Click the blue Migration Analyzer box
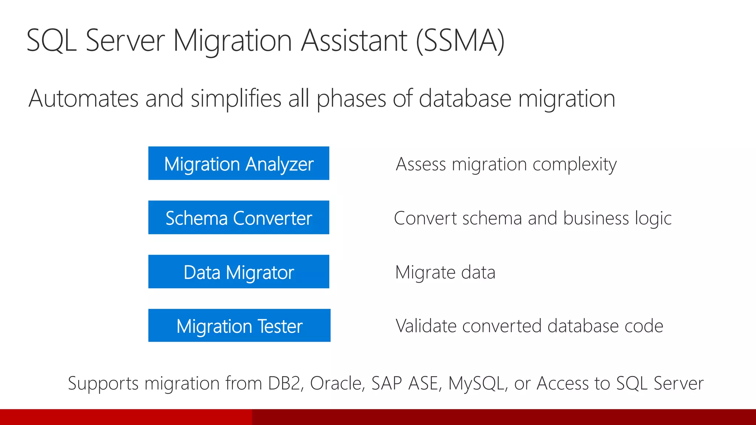click(238, 163)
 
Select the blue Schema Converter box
click(238, 218)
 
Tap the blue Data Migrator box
click(238, 272)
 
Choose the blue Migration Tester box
click(239, 326)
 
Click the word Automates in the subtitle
click(83, 99)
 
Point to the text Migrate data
click(445, 273)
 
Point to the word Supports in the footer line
click(103, 384)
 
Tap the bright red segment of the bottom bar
click(126, 417)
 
